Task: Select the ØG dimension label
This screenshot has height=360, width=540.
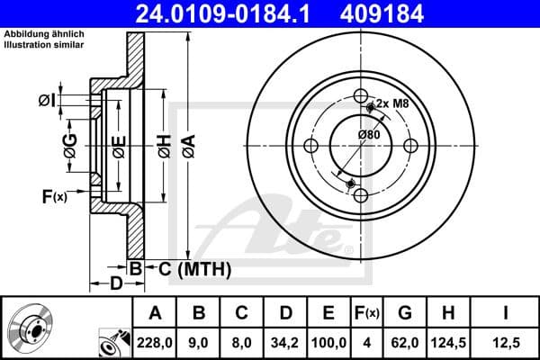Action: coord(70,141)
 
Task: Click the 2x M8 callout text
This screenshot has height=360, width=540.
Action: coord(394,104)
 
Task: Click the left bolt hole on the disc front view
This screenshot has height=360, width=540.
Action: coord(311,147)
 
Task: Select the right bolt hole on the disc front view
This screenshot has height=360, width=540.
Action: coord(409,146)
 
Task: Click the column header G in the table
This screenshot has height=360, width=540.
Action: coord(405,313)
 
